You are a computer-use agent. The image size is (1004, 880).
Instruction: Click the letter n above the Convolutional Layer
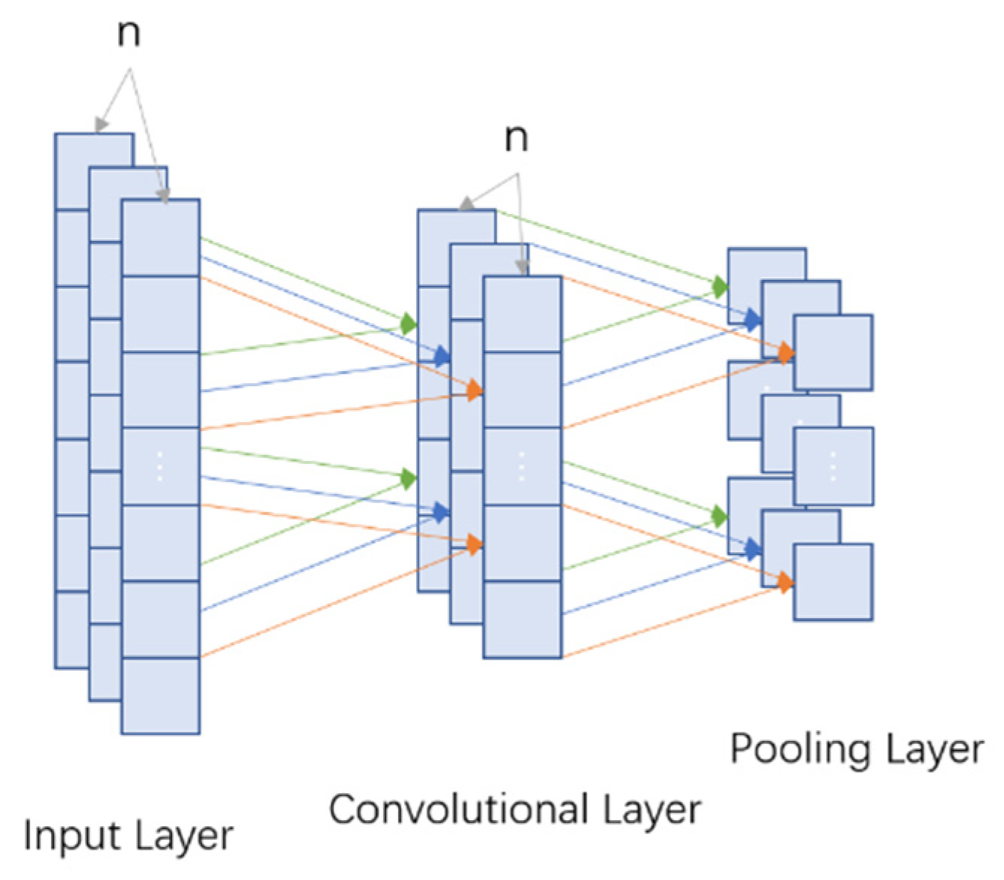[516, 138]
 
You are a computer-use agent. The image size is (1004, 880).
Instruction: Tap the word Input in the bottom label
[61, 836]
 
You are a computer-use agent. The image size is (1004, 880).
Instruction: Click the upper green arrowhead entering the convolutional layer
[408, 323]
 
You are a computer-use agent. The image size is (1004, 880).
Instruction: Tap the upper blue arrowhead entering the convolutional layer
[442, 353]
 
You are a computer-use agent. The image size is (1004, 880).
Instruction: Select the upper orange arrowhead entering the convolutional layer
[474, 390]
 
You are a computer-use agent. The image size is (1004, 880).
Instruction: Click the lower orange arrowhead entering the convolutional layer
[474, 545]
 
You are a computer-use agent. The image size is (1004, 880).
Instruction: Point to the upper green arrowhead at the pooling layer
[720, 286]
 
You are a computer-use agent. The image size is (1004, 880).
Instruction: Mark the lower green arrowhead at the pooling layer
[720, 516]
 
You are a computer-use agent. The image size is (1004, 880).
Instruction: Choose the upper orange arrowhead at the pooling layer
[785, 352]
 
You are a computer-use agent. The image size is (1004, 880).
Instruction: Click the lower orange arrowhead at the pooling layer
[785, 581]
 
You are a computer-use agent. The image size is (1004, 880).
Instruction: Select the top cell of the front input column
[160, 238]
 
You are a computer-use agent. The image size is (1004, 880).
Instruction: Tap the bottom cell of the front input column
[160, 695]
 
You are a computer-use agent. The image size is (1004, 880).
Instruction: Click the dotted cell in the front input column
[160, 466]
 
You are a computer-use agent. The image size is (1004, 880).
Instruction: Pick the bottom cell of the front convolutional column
[522, 620]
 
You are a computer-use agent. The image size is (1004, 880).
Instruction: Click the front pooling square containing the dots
[833, 466]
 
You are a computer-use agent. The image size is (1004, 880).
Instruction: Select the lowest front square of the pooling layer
[833, 582]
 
